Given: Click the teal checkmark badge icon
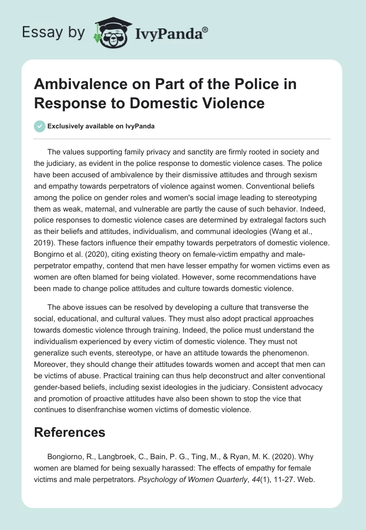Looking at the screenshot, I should click(40, 126).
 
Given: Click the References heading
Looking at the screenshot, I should click(70, 433).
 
